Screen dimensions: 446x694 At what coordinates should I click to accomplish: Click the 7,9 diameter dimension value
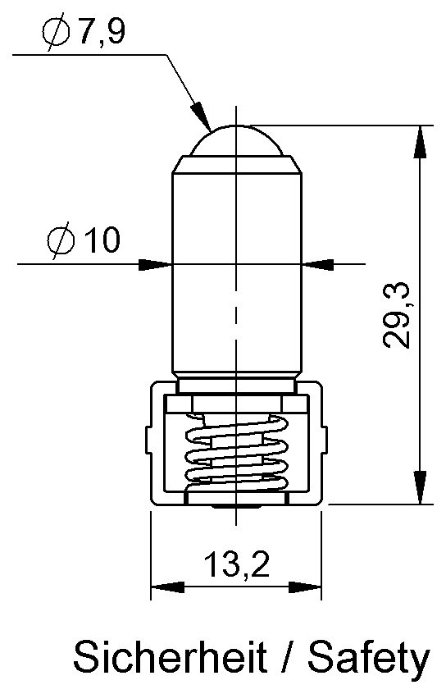tap(102, 32)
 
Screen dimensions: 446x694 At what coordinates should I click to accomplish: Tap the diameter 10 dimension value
tap(102, 240)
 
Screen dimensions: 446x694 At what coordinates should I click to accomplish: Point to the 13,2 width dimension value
tap(236, 564)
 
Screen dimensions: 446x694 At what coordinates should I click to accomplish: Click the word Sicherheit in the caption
tap(170, 657)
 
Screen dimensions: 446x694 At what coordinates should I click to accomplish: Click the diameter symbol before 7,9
tap(57, 32)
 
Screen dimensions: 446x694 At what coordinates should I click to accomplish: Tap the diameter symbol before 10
tap(61, 240)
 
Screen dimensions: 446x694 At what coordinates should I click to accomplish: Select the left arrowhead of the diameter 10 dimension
tap(155, 265)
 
